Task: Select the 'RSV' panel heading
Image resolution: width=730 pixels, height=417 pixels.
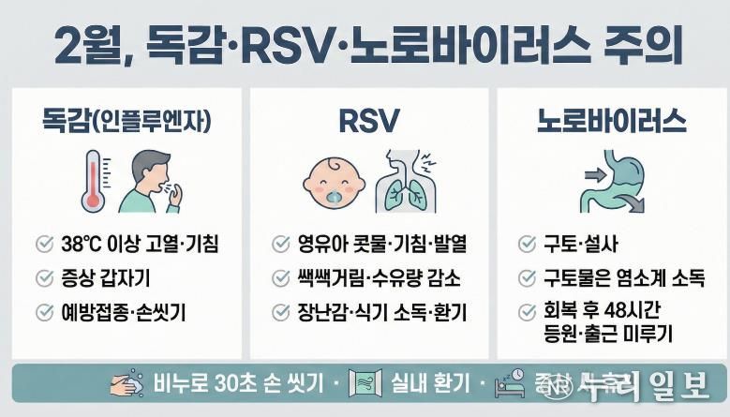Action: tap(368, 121)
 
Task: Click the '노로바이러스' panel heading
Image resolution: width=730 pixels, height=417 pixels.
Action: tap(611, 121)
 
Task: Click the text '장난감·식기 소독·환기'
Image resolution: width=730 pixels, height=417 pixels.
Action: tap(382, 312)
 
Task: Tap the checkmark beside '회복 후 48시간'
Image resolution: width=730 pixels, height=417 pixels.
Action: tap(527, 312)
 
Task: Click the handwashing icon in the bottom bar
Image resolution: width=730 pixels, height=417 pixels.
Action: tap(126, 384)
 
